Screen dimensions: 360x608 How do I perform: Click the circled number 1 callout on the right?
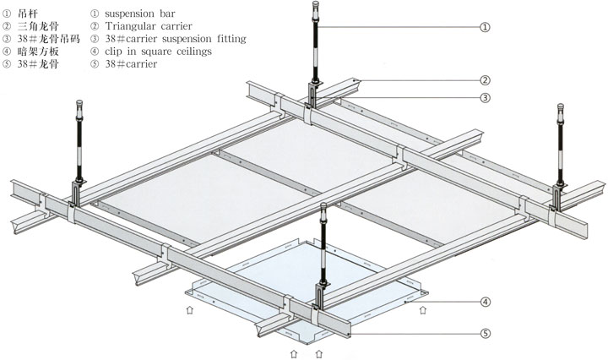click(484, 27)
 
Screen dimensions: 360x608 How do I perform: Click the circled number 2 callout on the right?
click(485, 80)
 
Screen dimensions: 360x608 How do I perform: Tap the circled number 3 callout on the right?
click(485, 98)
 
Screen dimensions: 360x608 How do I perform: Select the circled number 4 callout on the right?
click(485, 302)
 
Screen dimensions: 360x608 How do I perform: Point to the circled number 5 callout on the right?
click(485, 333)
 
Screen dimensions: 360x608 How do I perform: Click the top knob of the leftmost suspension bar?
click(82, 107)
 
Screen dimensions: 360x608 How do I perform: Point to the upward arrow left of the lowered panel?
click(187, 310)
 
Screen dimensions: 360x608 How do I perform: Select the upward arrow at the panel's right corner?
click(421, 311)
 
